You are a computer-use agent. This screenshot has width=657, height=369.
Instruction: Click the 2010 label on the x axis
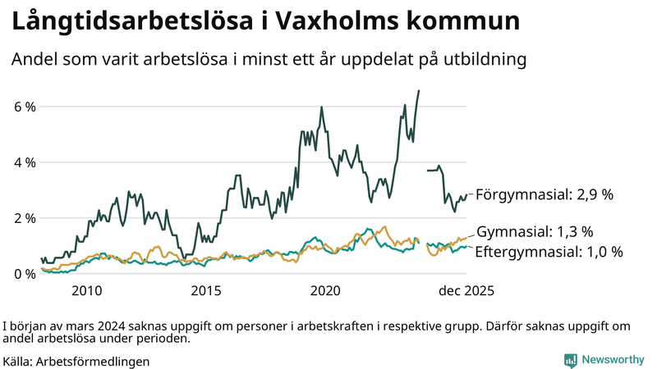pos(87,291)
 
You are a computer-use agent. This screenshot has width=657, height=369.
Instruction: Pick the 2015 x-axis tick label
pos(206,291)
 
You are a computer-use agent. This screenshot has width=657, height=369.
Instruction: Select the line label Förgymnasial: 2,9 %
pos(544,194)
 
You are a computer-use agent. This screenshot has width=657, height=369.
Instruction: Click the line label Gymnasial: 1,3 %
pos(535,232)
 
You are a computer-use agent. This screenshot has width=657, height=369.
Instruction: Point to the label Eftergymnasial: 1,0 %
pos(549,252)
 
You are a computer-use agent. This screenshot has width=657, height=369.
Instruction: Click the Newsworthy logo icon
pos(570,359)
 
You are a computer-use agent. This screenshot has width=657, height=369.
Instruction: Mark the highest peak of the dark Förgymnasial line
pos(419,90)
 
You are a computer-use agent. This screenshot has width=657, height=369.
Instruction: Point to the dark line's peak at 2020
pos(321,107)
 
